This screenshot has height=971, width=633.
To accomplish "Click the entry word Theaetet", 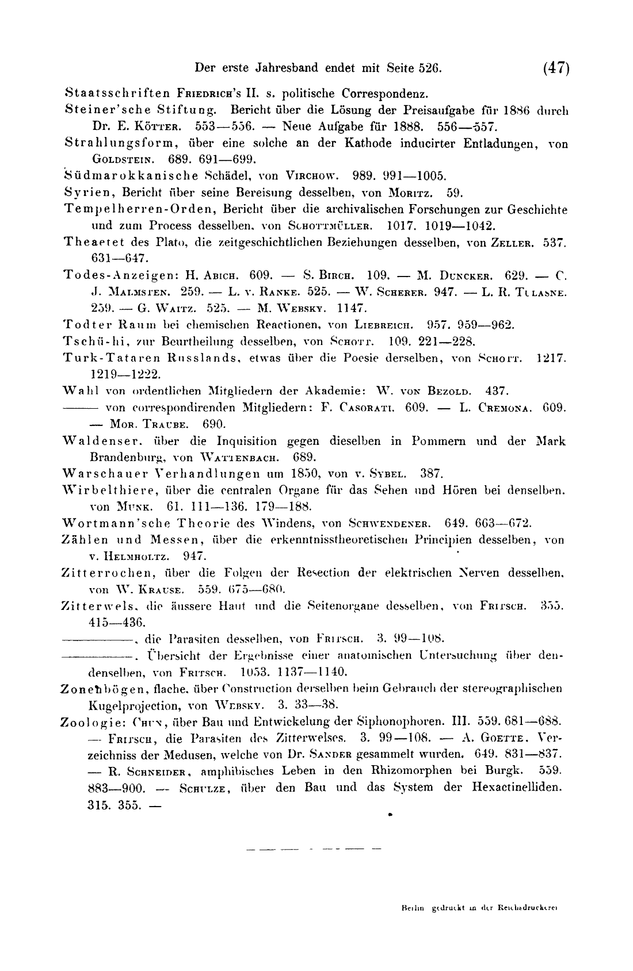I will click(86, 243).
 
